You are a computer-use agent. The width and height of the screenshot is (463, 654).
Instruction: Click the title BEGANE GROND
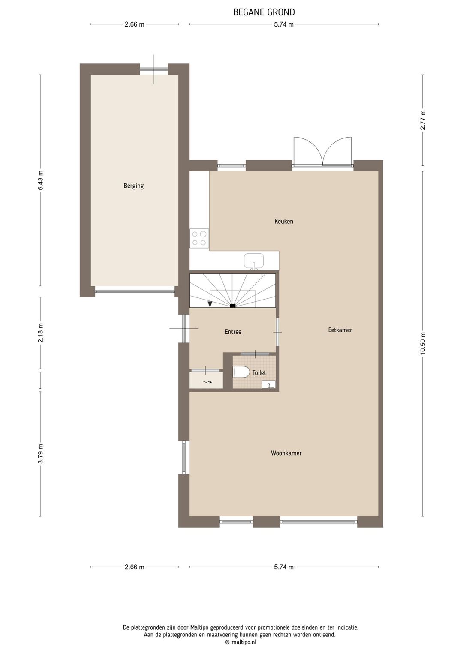click(x=264, y=12)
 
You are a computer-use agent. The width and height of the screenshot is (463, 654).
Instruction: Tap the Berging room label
click(x=133, y=186)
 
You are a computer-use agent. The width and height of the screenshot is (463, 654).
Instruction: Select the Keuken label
click(x=284, y=222)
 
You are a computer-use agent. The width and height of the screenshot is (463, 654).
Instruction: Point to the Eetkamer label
click(x=340, y=330)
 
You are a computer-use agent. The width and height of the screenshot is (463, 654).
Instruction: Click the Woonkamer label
click(x=286, y=453)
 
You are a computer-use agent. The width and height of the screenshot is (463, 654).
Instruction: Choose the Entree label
click(x=233, y=332)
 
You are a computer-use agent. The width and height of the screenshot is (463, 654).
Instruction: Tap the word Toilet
click(x=259, y=373)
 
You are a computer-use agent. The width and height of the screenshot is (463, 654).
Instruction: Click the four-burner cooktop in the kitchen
click(x=199, y=238)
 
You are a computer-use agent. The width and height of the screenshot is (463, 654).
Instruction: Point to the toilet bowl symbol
click(x=241, y=372)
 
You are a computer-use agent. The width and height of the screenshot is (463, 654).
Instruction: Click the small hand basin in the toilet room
click(x=268, y=384)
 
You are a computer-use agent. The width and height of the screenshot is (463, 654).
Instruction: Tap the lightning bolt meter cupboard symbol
click(x=207, y=381)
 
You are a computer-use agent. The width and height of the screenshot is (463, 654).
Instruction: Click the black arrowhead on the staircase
click(x=210, y=304)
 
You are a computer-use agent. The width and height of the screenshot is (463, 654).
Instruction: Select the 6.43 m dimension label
click(x=41, y=180)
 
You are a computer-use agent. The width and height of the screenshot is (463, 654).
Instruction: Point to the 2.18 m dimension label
click(x=41, y=333)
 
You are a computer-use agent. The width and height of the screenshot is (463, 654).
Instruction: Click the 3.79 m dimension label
click(x=41, y=454)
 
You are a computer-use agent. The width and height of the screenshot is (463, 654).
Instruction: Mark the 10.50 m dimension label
click(x=423, y=343)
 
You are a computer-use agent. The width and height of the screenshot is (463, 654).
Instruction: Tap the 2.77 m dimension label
click(x=423, y=120)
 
